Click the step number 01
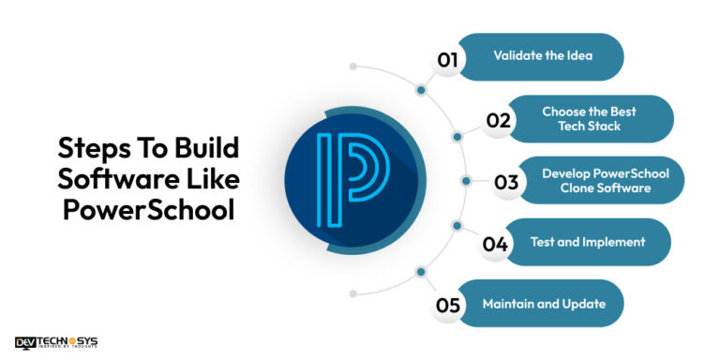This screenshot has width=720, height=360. coord(447,60)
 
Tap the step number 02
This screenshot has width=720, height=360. coord(498,121)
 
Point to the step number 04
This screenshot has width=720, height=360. coord(495,245)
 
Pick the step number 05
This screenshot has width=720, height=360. coord(447,305)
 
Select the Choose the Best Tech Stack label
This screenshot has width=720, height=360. coord(589,119)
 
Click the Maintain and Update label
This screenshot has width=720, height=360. coord(544,304)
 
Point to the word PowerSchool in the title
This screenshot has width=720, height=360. coord(148,210)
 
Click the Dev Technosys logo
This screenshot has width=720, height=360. coord(56,343)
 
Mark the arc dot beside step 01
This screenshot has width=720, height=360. coord(421,91)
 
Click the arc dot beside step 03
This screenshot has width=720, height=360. coord(465,181)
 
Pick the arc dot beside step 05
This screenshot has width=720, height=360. coord(421,272)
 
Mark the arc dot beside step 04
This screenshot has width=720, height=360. coord(457,226)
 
